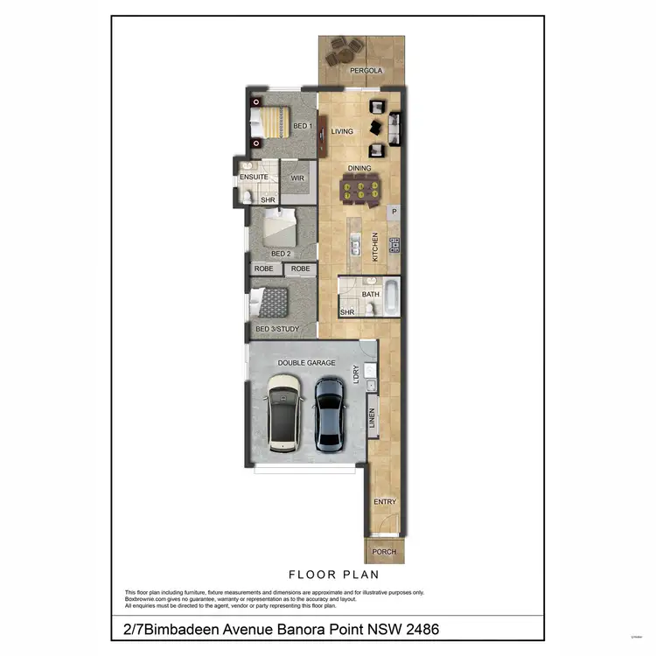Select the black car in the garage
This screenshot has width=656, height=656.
(x=329, y=413)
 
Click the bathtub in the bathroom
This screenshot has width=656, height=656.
(x=390, y=297)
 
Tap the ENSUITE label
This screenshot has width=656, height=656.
(x=254, y=178)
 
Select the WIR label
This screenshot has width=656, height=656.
(x=297, y=178)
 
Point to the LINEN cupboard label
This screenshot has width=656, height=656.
(x=372, y=418)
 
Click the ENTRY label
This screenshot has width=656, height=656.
(x=384, y=502)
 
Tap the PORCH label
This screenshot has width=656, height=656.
(x=384, y=552)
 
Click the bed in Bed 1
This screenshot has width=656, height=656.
(x=272, y=124)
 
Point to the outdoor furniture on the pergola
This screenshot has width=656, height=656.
(x=341, y=52)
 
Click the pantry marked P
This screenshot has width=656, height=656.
(x=394, y=212)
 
